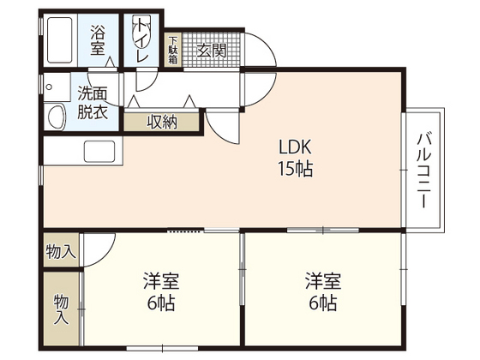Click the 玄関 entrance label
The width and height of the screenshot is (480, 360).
(211, 50)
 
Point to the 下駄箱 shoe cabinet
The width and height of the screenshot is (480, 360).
(172, 51)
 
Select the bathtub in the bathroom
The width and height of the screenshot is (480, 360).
(59, 39)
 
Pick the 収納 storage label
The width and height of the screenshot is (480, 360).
(162, 122)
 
